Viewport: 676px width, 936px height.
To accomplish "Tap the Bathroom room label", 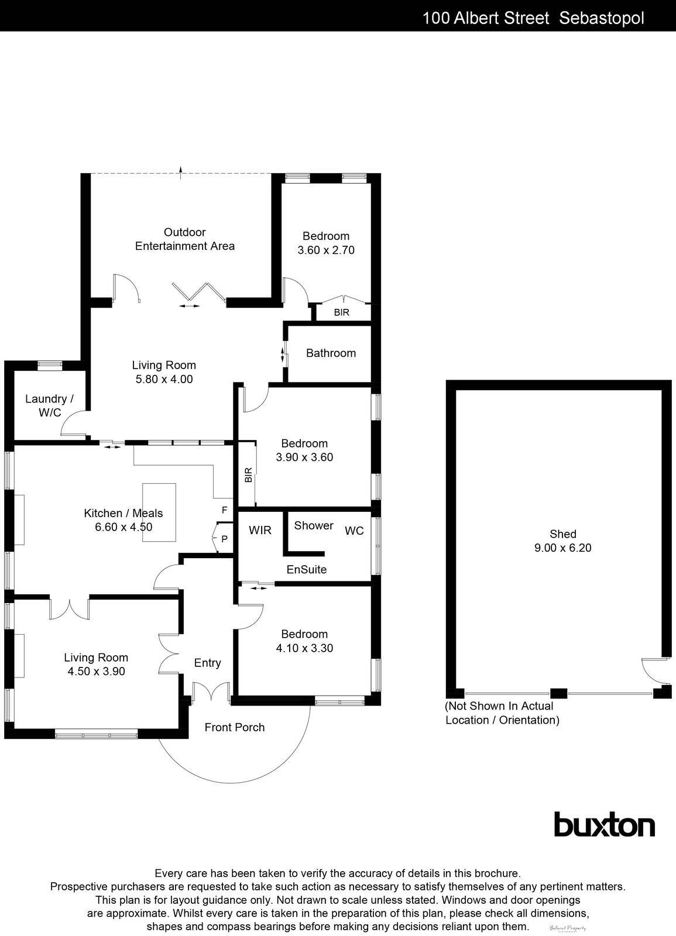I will tap(331, 353).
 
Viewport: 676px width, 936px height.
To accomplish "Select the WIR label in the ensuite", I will tap(260, 530).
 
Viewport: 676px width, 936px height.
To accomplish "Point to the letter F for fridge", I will tap(224, 510).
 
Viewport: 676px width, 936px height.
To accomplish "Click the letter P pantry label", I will tap(224, 539).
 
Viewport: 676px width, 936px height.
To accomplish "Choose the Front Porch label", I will tap(234, 727).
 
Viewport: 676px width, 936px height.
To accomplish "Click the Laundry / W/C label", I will tap(49, 405).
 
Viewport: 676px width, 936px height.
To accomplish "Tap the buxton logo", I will tap(604, 825).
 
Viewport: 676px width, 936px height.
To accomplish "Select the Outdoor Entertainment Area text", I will tap(184, 239).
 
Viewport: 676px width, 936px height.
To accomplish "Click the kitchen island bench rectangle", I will tap(159, 512).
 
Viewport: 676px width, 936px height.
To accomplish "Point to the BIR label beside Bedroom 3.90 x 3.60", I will tap(248, 474).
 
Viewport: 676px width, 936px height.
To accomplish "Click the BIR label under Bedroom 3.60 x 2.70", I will tap(341, 312).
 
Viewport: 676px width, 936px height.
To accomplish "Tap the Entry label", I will tap(207, 663).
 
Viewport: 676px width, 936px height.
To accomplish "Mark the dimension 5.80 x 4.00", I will tap(164, 379).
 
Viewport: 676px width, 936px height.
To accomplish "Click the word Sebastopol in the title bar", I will tap(602, 18).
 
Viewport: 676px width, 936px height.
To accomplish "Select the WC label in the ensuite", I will tap(354, 531).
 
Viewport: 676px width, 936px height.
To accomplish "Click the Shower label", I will tap(314, 525).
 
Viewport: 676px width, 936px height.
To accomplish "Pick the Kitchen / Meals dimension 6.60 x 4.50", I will tap(123, 526).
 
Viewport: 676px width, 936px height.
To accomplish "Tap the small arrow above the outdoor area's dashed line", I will tap(181, 170).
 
